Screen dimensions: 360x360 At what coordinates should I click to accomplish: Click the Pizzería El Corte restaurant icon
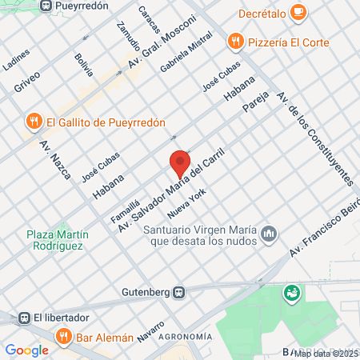[235, 40]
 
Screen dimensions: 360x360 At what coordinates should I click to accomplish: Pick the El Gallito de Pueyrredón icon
[33, 122]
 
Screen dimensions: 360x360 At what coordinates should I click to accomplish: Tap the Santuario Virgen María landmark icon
[270, 233]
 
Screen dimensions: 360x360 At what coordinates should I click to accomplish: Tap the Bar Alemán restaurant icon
[65, 338]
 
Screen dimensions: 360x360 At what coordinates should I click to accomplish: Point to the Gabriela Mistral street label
[186, 52]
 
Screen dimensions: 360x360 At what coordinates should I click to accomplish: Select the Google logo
[26, 350]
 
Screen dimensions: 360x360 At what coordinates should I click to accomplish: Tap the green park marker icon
[292, 294]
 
